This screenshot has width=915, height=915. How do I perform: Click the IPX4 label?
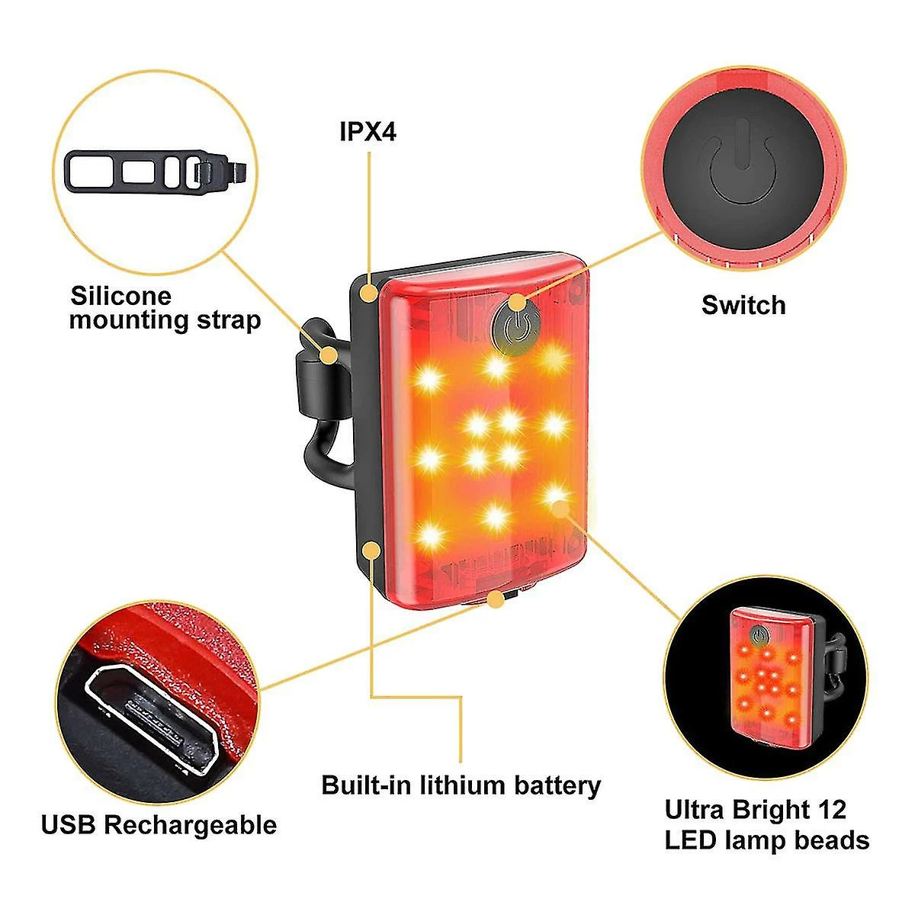(368, 132)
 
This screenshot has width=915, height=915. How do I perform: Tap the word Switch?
(743, 305)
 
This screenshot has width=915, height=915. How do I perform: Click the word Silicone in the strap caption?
(121, 296)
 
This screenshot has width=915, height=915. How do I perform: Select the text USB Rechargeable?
(159, 824)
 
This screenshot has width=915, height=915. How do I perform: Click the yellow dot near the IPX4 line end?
(370, 291)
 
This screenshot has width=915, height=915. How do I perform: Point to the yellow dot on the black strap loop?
(329, 355)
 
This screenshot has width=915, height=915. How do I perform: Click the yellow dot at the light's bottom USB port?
(496, 601)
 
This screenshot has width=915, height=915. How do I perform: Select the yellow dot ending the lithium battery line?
(371, 548)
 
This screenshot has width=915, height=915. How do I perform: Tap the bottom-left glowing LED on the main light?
(431, 532)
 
